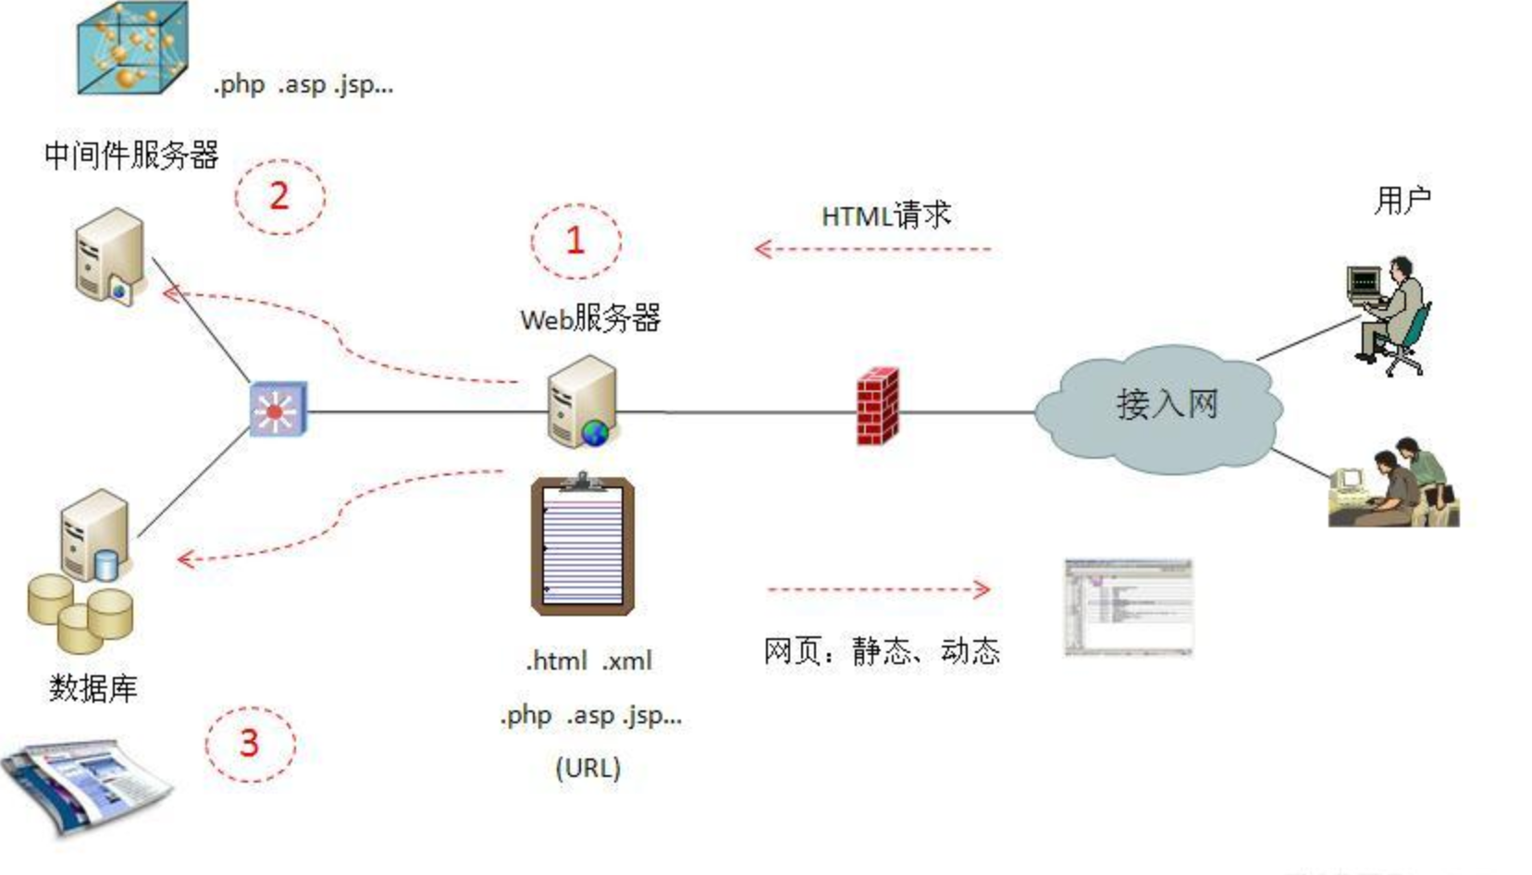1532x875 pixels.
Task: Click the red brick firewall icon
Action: pyautogui.click(x=876, y=406)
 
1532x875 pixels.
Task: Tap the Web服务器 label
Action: pyautogui.click(x=590, y=319)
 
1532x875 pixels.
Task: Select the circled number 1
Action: pyautogui.click(x=575, y=241)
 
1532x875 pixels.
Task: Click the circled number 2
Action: pyautogui.click(x=278, y=196)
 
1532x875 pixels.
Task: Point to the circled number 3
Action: pyautogui.click(x=249, y=744)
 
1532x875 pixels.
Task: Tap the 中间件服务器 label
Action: pyautogui.click(x=131, y=154)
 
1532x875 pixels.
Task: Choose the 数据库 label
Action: pyautogui.click(x=93, y=687)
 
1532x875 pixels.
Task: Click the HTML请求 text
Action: pyautogui.click(x=885, y=216)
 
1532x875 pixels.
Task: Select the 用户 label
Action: pyautogui.click(x=1402, y=200)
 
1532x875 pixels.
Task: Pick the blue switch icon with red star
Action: pyautogui.click(x=278, y=410)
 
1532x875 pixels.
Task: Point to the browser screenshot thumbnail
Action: pyautogui.click(x=1128, y=608)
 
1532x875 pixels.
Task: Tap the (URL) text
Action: pyautogui.click(x=587, y=768)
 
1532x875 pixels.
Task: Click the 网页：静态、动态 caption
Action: pyautogui.click(x=882, y=651)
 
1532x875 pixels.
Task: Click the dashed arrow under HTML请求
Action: pyautogui.click(x=872, y=249)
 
